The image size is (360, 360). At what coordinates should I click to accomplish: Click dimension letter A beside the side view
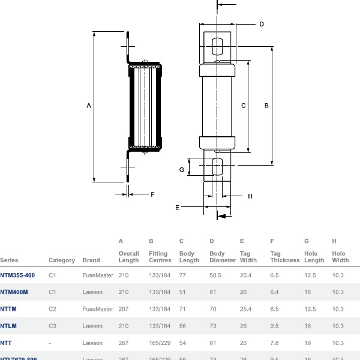point(89,106)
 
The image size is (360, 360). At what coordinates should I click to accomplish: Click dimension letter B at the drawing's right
point(266,106)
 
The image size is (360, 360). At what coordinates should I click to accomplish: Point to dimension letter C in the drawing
point(243,106)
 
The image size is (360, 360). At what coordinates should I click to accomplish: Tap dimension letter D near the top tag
point(262,25)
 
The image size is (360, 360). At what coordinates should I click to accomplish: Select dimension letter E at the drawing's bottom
point(178,207)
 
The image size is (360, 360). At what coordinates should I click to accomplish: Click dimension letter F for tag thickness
point(152,194)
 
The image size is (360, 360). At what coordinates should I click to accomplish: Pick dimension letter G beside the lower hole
point(181,170)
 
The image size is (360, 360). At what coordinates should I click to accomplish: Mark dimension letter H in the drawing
point(250,196)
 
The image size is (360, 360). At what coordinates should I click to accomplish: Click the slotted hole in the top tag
point(217,47)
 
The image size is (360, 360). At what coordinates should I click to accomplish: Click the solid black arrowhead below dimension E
point(222,215)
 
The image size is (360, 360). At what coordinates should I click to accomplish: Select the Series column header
point(9,260)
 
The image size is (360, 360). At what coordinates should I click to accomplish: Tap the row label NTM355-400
point(17,275)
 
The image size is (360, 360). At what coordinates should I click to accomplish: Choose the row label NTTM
point(8,309)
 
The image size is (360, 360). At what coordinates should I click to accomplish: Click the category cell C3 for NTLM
point(52,326)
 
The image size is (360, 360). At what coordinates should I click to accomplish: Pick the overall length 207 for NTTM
point(124,309)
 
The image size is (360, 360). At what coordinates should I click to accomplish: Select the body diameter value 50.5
point(215,275)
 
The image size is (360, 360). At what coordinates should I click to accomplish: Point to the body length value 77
point(182,275)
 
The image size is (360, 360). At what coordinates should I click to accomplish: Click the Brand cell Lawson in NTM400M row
point(92,292)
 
